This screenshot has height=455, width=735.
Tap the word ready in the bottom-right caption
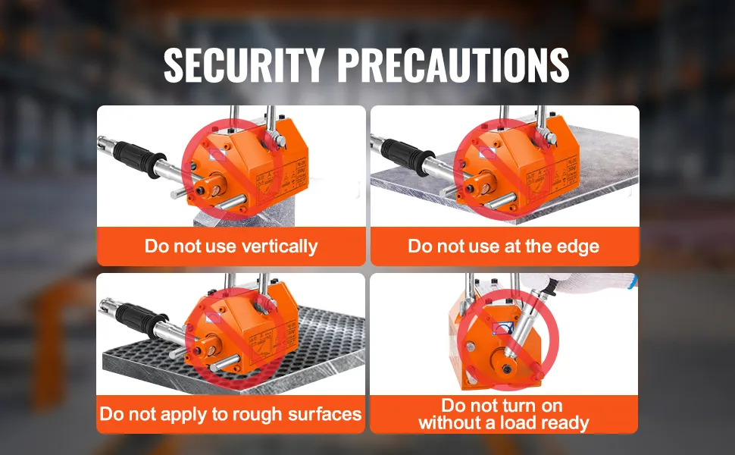pos(565,424)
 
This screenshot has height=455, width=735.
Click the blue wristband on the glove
pos(633,281)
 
